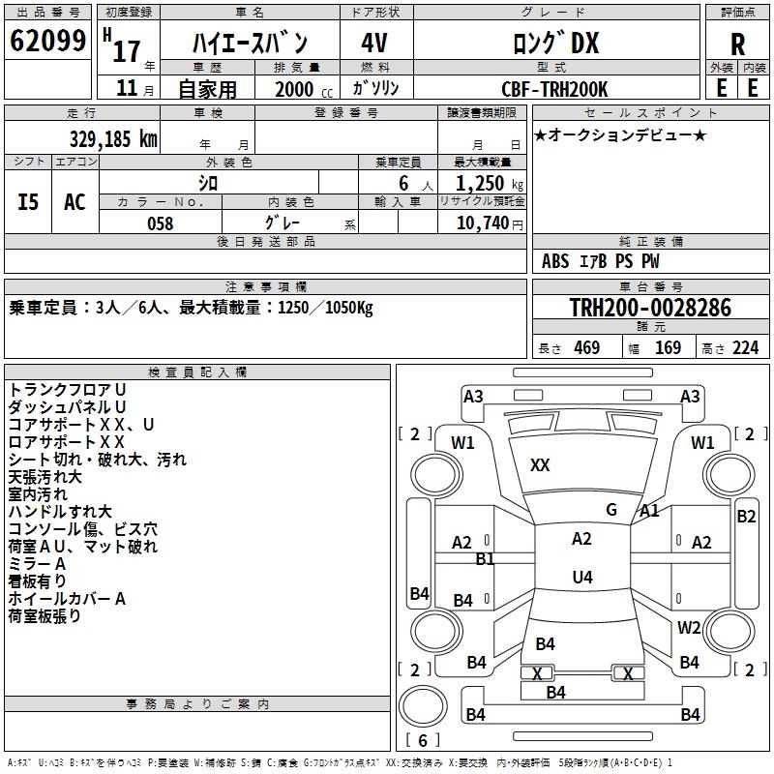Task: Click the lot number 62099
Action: pyautogui.click(x=47, y=43)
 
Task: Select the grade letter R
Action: pyautogui.click(x=737, y=45)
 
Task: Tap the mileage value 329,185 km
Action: pyautogui.click(x=113, y=138)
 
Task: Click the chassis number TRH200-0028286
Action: pyautogui.click(x=649, y=309)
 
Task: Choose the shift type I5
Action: pyautogui.click(x=29, y=202)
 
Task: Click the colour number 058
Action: pyautogui.click(x=160, y=223)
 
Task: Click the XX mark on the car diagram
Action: pyautogui.click(x=540, y=465)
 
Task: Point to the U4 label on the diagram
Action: pyautogui.click(x=581, y=578)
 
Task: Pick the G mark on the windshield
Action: pyautogui.click(x=610, y=510)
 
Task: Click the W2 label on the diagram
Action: pyautogui.click(x=689, y=628)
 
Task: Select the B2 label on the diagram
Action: pyautogui.click(x=746, y=517)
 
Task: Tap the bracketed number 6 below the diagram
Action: pyautogui.click(x=423, y=741)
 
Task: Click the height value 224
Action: pyautogui.click(x=745, y=348)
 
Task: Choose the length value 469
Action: pyautogui.click(x=586, y=348)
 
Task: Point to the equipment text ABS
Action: pyautogui.click(x=555, y=261)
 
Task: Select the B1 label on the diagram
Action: pyautogui.click(x=485, y=559)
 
